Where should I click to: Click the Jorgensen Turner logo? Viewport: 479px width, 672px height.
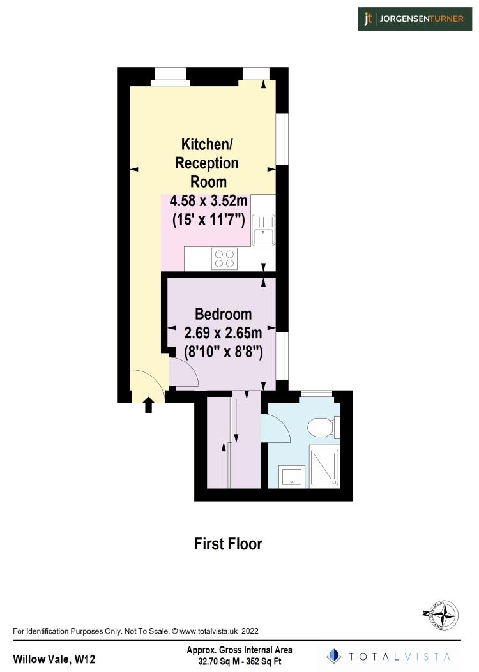[414, 19]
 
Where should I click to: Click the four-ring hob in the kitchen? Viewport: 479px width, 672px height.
[224, 258]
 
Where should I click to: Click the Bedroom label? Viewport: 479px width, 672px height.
[223, 314]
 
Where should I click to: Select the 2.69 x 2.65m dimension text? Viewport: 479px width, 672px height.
[223, 332]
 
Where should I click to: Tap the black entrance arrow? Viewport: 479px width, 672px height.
[149, 405]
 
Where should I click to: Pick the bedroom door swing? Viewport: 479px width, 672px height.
[183, 371]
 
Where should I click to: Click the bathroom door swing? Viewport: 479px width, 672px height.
[276, 427]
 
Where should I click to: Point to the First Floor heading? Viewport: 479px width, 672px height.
[228, 544]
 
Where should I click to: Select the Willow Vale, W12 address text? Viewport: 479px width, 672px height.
[54, 659]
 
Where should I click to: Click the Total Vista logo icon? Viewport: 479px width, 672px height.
[333, 656]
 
